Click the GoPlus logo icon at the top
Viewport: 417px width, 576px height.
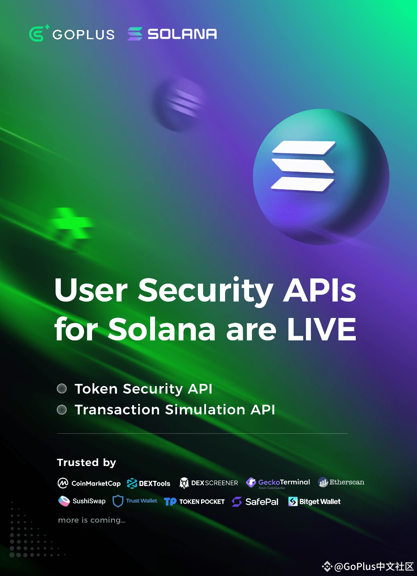point(38,34)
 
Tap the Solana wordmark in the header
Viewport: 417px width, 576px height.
point(182,34)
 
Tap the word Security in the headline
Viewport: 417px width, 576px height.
point(205,290)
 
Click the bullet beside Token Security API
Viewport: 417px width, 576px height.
point(62,389)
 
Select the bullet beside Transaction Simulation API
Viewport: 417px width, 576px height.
point(62,410)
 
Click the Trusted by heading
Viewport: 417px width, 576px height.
point(87,462)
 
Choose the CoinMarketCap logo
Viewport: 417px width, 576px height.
point(89,483)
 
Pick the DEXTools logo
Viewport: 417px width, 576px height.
point(149,483)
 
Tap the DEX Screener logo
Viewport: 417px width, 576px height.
point(208,483)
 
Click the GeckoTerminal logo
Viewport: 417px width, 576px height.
point(278,483)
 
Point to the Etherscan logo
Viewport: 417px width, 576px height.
point(341,482)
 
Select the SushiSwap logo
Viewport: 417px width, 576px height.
point(82,501)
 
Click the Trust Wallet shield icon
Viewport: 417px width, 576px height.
point(118,501)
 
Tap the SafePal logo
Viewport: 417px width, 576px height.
point(255,502)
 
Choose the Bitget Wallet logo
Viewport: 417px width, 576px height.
point(314,502)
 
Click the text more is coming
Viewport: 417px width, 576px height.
point(92,520)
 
